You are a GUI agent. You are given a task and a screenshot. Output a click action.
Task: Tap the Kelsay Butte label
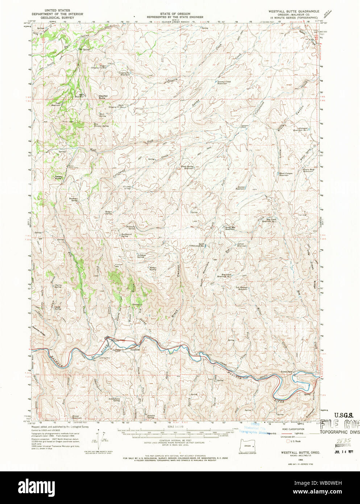[59, 178]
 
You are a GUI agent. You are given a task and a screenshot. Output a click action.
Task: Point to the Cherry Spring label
[58, 286]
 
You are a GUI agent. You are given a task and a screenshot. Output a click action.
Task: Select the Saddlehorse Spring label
[114, 400]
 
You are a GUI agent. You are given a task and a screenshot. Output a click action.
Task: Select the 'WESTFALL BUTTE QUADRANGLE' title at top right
[294, 11]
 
